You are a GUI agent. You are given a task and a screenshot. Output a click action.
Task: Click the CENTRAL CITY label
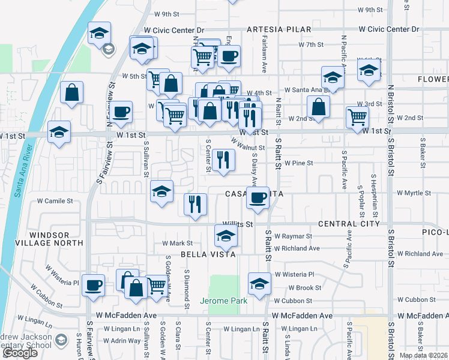tap(349, 224)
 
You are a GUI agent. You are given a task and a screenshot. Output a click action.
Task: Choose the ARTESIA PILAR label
tap(279, 29)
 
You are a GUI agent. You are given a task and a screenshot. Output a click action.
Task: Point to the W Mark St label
tap(178, 244)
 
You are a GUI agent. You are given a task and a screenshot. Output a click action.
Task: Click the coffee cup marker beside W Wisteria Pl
tap(93, 286)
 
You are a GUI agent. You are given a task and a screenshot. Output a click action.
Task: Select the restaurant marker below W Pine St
tap(223, 160)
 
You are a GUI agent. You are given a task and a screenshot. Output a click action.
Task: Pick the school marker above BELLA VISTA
tap(226, 236)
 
